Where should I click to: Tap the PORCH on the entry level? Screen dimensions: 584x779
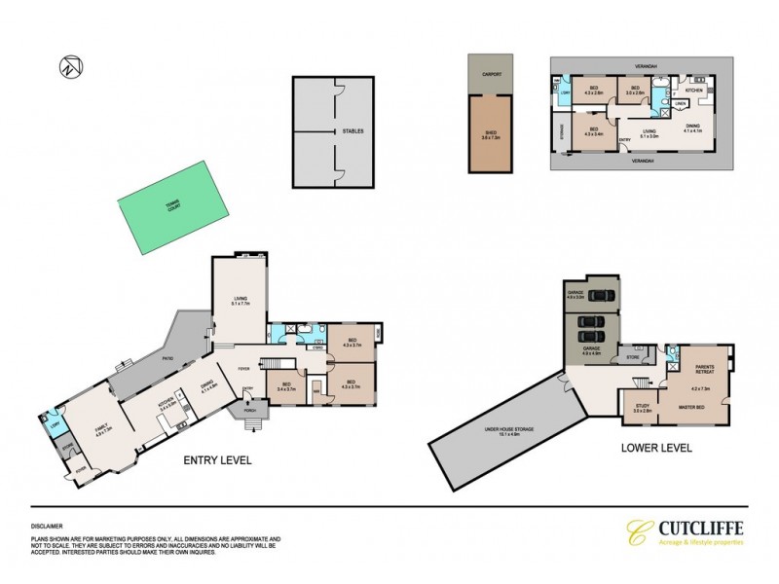pos(250,410)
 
